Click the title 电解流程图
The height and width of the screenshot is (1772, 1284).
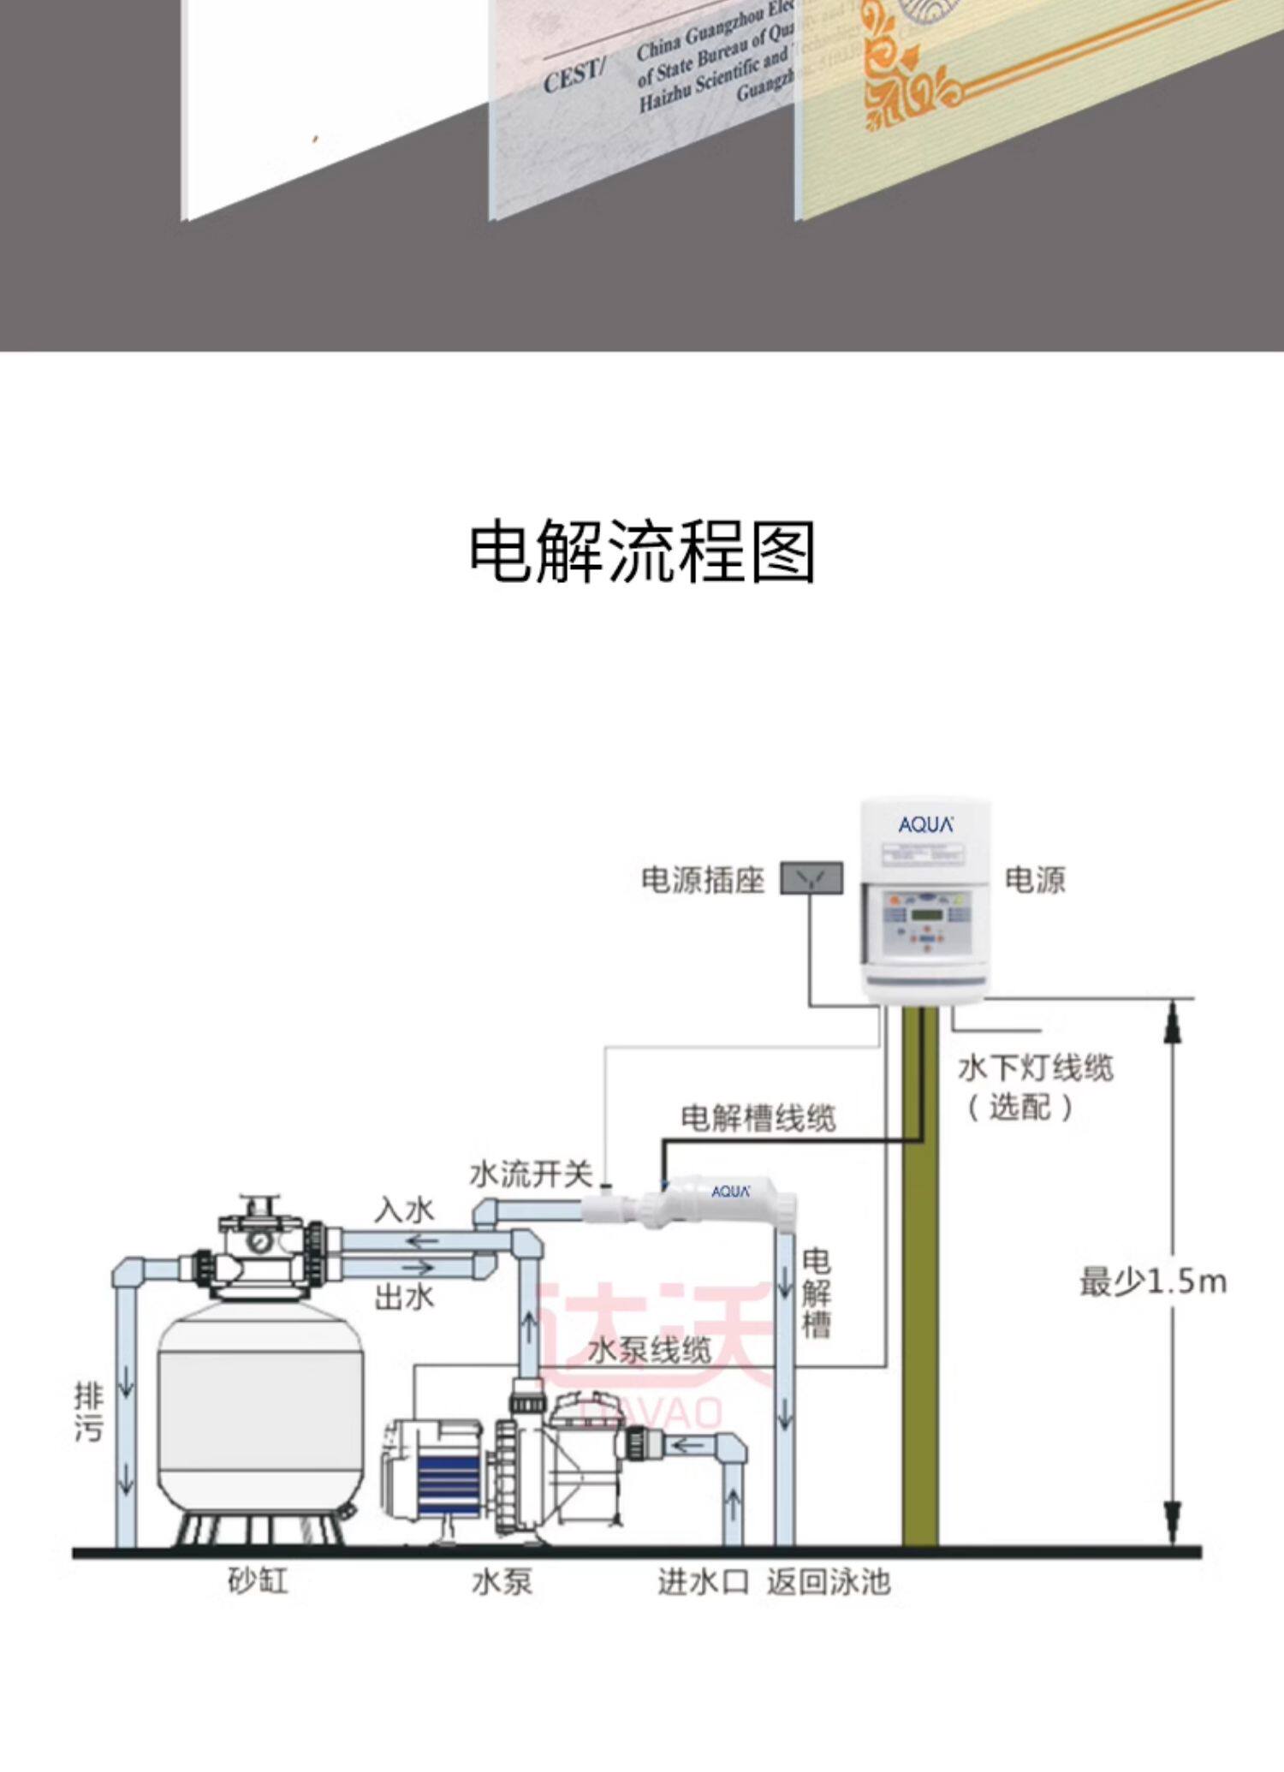(x=642, y=552)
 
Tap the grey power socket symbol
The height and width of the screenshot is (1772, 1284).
(x=811, y=878)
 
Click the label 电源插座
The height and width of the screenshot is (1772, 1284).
(x=703, y=880)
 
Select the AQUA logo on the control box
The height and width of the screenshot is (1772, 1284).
(x=925, y=825)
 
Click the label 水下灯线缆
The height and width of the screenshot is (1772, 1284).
(x=1036, y=1068)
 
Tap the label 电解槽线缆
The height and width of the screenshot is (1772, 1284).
(x=758, y=1118)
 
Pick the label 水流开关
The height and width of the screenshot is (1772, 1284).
(x=531, y=1174)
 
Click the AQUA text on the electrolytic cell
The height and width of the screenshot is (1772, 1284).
(x=730, y=1192)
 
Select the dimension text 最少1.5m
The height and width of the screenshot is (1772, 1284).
(x=1152, y=1282)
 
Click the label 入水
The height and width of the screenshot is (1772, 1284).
(x=404, y=1210)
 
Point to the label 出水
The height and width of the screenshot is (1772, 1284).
(x=404, y=1298)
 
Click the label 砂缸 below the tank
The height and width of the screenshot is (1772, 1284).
(x=258, y=1581)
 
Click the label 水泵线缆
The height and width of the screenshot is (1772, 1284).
(x=649, y=1350)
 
